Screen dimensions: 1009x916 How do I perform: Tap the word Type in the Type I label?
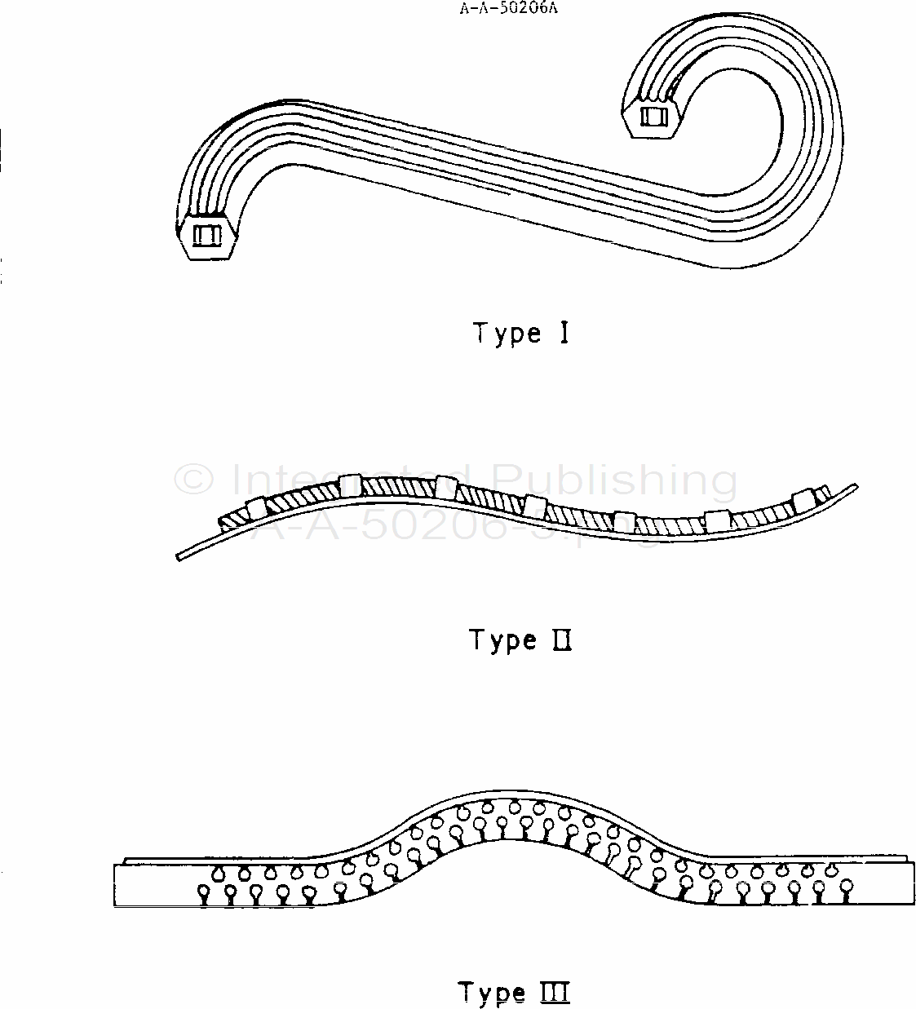[x=507, y=334]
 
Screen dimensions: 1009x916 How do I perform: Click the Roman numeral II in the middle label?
[x=561, y=640]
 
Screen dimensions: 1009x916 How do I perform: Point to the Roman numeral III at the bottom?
[x=555, y=993]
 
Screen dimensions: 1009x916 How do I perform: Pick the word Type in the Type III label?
[x=492, y=994]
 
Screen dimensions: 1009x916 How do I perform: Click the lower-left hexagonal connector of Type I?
[x=209, y=236]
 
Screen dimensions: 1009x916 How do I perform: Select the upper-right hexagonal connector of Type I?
[x=654, y=116]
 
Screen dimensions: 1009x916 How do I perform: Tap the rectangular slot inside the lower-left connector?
[x=206, y=236]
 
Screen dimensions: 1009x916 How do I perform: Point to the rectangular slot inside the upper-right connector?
[x=654, y=116]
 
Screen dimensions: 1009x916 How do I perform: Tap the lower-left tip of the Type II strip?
[x=179, y=557]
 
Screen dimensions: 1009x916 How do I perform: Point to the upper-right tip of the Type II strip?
[x=854, y=486]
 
